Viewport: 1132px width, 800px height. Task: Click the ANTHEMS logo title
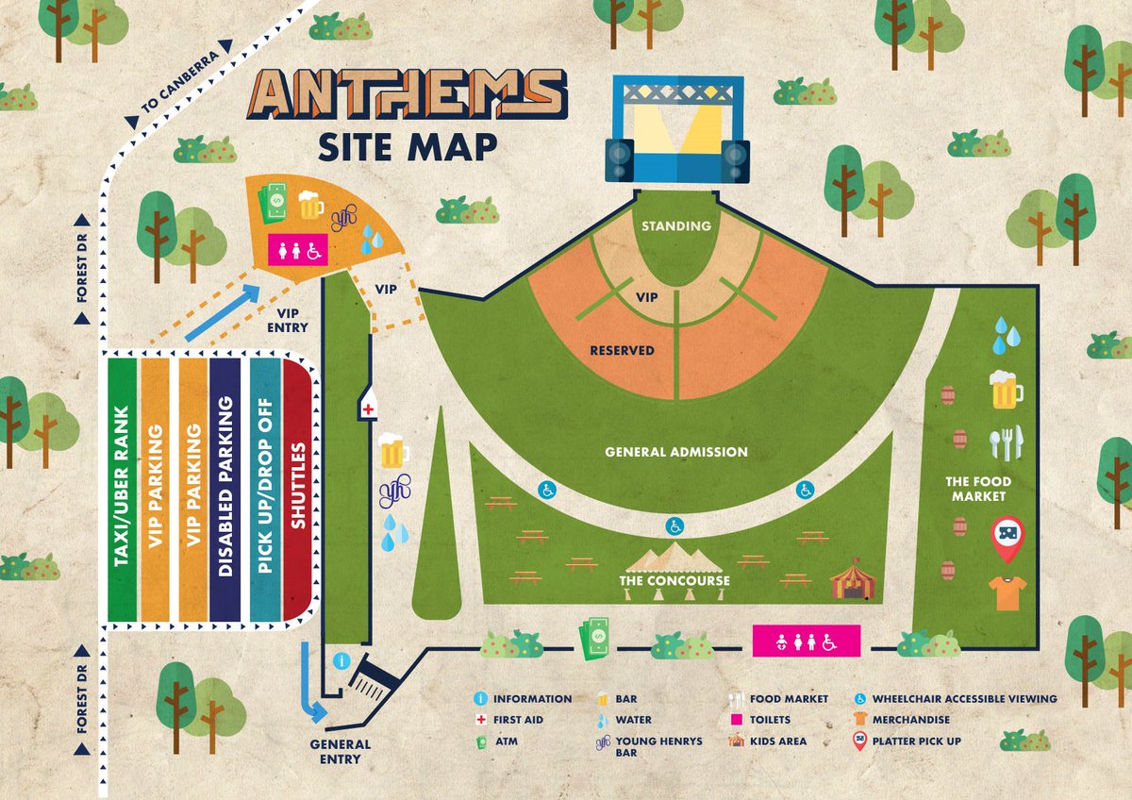pos(407,94)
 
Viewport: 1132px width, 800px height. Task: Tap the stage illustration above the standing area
pos(676,130)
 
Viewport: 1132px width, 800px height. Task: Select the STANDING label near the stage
pos(676,226)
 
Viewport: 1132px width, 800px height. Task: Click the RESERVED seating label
pos(622,350)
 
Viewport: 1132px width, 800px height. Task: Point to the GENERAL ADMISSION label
pos(676,452)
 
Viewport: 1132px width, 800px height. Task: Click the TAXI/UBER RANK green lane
pos(123,489)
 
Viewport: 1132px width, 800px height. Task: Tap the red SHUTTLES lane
pos(298,489)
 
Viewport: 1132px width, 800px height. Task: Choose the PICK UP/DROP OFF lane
pos(263,489)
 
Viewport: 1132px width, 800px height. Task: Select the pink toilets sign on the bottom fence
pos(807,641)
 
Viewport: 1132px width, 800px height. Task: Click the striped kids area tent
pos(852,578)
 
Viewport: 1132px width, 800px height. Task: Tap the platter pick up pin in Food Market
pos(1007,537)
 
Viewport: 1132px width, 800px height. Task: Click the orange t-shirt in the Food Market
pos(1007,592)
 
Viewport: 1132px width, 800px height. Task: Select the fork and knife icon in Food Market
pos(1006,443)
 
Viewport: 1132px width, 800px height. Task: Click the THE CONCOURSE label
pos(674,581)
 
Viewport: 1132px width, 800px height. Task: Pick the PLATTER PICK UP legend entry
pos(916,742)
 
